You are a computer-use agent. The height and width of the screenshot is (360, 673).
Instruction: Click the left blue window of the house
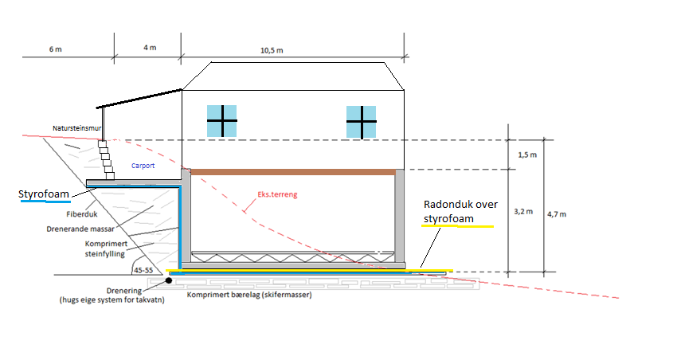(x=222, y=121)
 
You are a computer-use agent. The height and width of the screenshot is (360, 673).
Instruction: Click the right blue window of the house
(x=361, y=122)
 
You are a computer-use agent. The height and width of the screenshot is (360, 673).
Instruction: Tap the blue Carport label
(x=143, y=166)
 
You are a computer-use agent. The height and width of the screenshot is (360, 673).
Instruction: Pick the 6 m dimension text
(x=55, y=49)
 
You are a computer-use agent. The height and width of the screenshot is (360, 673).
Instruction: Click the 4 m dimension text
(x=150, y=49)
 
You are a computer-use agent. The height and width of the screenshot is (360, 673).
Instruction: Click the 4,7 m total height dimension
(x=558, y=213)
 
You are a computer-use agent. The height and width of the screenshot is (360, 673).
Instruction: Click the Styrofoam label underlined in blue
(x=44, y=194)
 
